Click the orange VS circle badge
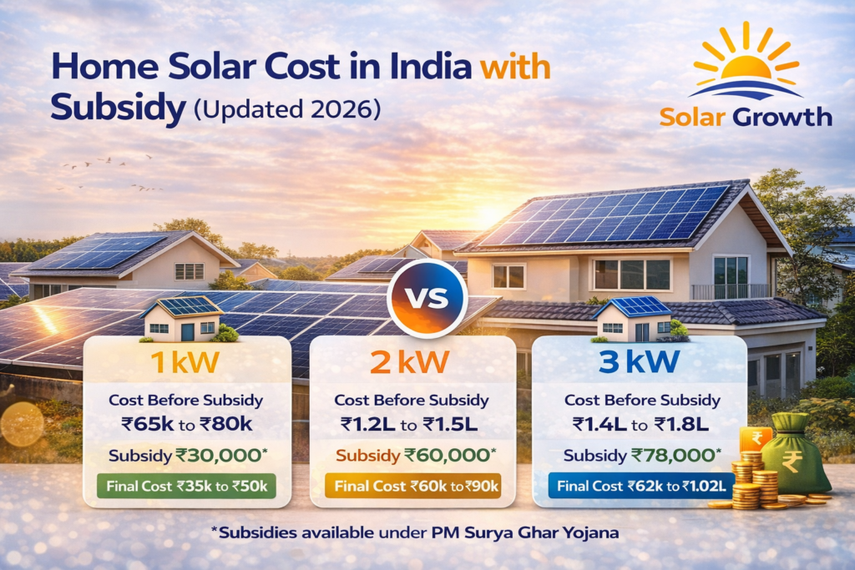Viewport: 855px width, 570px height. click(x=427, y=298)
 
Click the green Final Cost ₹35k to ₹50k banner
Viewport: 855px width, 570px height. click(x=186, y=486)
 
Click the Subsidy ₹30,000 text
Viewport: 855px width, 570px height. click(x=186, y=456)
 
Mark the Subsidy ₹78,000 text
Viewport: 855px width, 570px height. click(x=639, y=456)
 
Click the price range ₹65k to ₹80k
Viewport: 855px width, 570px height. click(x=187, y=426)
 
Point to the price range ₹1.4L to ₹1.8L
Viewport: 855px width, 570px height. click(x=639, y=426)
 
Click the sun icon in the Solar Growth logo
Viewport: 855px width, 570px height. click(x=746, y=63)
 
